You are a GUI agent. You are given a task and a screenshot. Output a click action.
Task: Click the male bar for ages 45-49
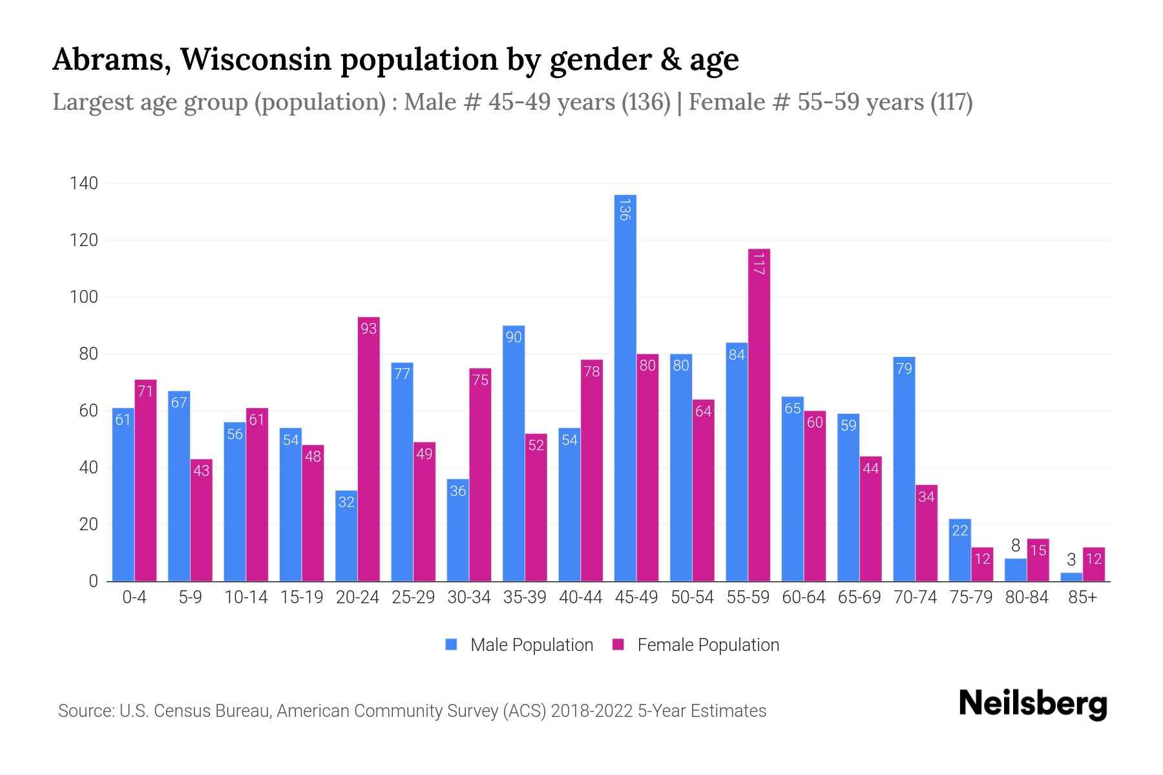625,387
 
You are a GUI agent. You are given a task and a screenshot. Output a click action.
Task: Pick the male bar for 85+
1071,577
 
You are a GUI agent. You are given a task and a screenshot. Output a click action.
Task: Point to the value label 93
368,329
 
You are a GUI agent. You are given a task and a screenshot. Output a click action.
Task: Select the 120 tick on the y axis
84,240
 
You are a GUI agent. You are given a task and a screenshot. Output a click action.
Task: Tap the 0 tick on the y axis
93,581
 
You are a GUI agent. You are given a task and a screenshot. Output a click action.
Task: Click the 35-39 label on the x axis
525,597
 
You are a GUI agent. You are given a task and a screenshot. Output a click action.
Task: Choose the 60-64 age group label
803,597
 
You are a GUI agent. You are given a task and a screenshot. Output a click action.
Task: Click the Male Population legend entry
531,645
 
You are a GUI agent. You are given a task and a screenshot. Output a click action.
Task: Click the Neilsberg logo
1032,704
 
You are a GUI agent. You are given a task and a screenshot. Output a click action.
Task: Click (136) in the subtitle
645,102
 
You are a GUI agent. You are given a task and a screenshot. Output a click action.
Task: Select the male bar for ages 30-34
457,530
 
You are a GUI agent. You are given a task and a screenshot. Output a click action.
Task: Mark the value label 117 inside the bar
759,263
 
